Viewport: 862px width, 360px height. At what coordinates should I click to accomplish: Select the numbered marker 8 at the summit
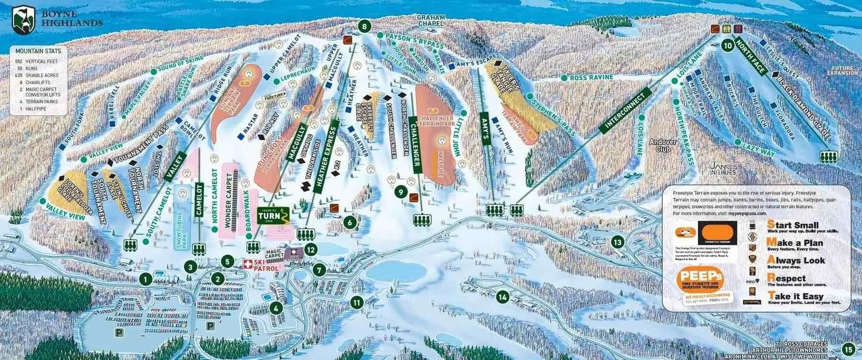365,27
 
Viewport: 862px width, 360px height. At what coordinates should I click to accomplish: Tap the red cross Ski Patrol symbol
248,264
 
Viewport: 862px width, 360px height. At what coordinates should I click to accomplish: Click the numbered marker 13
619,242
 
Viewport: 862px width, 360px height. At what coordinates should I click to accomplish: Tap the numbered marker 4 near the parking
276,308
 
